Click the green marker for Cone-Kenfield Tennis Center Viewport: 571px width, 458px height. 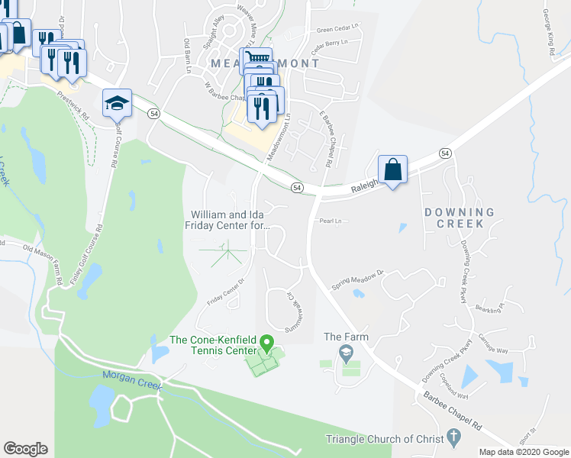point(266,342)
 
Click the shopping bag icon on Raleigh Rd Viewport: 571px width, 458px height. point(392,169)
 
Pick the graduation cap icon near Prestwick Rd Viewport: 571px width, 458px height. point(117,103)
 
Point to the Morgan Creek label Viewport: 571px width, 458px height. point(132,381)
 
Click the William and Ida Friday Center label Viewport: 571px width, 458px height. point(227,220)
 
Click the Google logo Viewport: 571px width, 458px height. point(26,449)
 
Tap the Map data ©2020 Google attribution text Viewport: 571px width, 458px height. point(523,452)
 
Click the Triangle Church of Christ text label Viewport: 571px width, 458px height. point(383,439)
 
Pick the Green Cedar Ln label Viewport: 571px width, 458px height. point(337,30)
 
